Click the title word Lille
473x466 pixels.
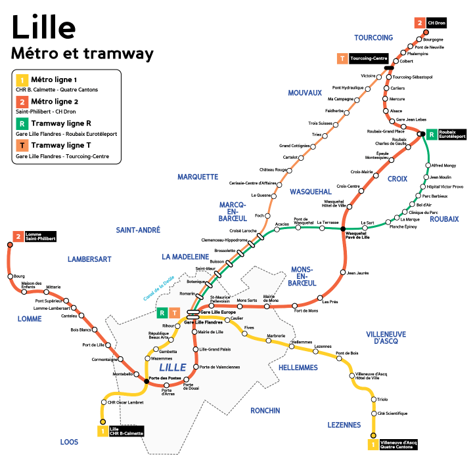tap(43, 28)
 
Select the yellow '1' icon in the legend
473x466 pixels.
tap(22, 80)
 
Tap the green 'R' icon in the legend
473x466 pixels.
tap(22, 123)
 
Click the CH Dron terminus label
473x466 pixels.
tap(436, 22)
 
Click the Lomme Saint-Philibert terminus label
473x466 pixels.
tap(39, 236)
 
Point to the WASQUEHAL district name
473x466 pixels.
tap(310, 192)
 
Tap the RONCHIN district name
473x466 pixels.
tap(265, 410)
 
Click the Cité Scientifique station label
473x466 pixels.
tap(392, 413)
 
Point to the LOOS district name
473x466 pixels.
tap(69, 442)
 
